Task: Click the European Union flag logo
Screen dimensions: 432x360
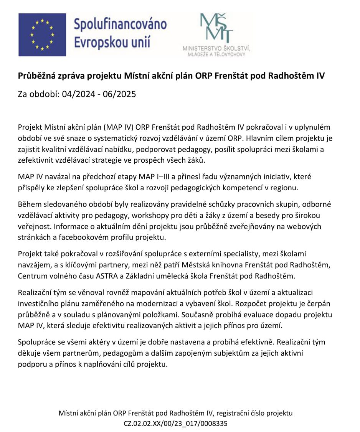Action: coord(42,35)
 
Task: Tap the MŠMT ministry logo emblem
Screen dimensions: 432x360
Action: coord(216,28)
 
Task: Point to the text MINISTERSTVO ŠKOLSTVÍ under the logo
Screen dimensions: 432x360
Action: coord(216,49)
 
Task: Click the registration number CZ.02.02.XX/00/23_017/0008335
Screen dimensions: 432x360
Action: coord(175,423)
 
